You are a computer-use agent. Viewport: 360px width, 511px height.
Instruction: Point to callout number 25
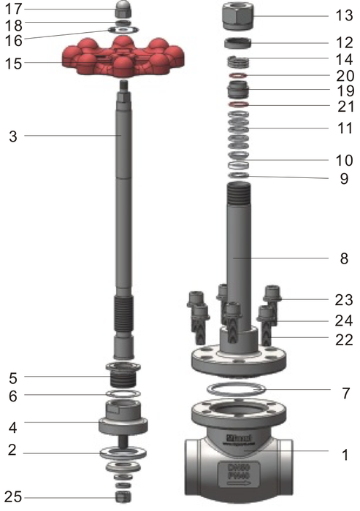click(12, 497)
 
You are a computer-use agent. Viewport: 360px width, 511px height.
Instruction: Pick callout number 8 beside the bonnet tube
click(344, 258)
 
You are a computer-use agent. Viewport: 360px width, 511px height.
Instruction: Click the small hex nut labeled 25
click(123, 497)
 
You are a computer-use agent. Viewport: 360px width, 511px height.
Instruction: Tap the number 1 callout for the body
click(344, 455)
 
